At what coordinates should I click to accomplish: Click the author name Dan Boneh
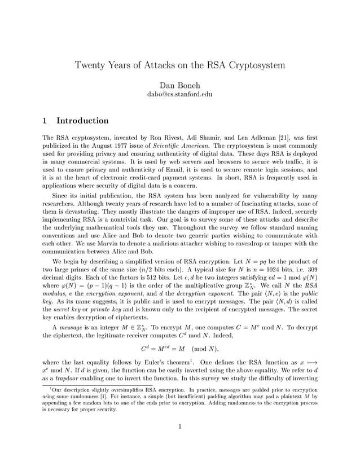[x=179, y=85]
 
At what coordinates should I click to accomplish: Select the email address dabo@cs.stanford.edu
[x=179, y=94]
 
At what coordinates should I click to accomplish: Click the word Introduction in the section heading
[x=82, y=121]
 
